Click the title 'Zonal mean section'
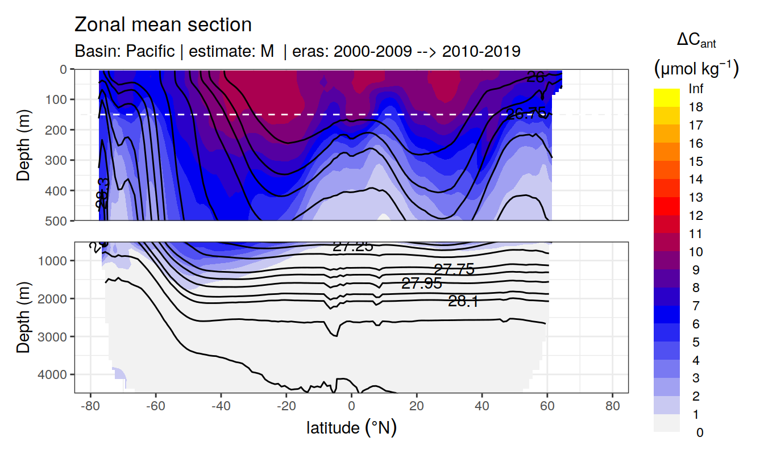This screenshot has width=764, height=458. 163,25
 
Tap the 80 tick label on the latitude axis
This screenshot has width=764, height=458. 612,407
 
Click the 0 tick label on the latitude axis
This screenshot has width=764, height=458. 352,407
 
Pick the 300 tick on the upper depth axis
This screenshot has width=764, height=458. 58,160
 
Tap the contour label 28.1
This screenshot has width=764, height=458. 463,302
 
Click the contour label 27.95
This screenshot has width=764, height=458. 421,284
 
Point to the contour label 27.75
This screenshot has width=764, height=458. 454,269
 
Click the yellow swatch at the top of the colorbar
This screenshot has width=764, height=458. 666,93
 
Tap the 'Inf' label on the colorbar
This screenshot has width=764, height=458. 695,89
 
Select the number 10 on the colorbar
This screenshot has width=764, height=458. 695,252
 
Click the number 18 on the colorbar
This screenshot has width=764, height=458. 695,107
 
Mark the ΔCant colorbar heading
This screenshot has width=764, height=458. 696,41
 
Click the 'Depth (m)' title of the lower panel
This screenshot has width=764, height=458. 24,317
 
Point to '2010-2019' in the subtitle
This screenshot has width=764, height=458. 481,51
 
